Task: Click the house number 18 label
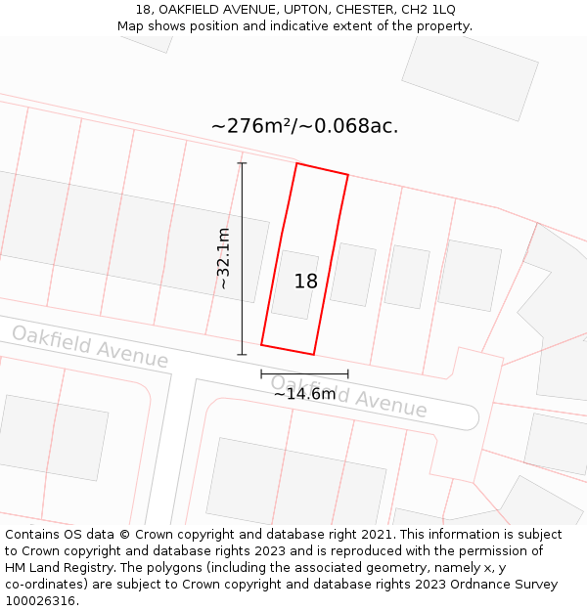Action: (306, 282)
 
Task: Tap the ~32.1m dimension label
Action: (224, 258)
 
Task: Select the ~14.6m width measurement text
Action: (304, 394)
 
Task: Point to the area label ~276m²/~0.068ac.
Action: (304, 126)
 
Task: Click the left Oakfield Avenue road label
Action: (90, 346)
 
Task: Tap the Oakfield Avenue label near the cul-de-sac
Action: (348, 395)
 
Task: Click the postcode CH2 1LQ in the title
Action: (429, 10)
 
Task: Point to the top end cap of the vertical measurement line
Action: (242, 163)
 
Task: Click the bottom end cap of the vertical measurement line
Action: (242, 354)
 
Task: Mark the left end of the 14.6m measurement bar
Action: (261, 373)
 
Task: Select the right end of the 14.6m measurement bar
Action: (347, 373)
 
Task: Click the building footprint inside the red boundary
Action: (294, 284)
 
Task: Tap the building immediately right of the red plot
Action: (353, 275)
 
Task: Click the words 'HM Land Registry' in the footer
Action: (51, 568)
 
